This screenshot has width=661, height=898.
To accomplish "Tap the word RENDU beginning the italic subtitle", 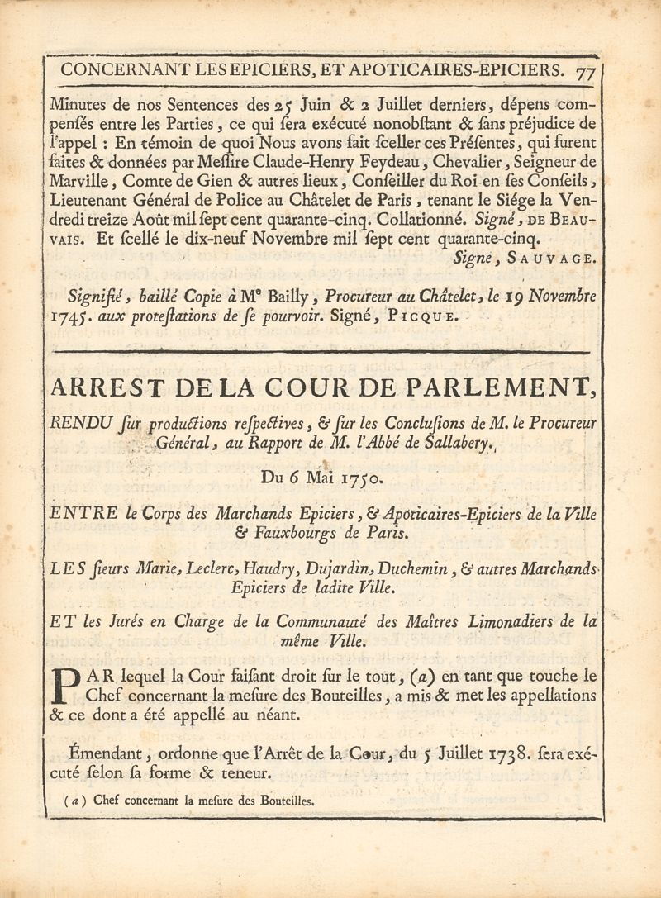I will point(76,423).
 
